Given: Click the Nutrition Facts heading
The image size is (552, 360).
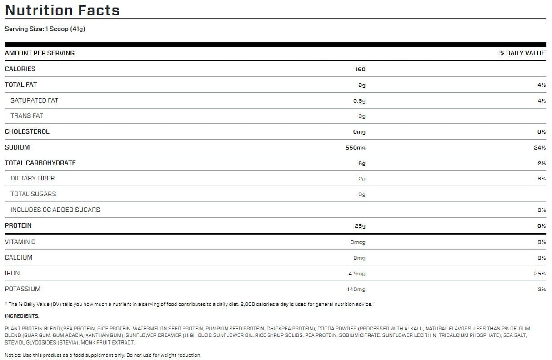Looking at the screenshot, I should click(x=62, y=10).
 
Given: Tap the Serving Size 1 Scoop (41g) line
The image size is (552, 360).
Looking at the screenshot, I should click(x=45, y=29).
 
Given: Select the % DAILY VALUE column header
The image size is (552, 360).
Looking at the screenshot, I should click(x=522, y=53).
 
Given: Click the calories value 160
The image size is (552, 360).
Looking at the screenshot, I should click(x=360, y=69).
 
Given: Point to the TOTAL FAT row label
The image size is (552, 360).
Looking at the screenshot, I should click(x=21, y=85).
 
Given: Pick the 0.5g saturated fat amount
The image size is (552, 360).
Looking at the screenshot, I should click(x=359, y=100).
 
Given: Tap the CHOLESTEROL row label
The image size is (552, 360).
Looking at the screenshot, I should click(x=27, y=131).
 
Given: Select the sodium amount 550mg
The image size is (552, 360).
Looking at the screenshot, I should click(x=356, y=147).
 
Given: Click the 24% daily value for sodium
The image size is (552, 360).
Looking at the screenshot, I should click(x=541, y=147).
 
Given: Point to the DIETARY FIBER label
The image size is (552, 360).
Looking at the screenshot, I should click(x=32, y=178).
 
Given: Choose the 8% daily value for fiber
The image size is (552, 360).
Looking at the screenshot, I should click(x=542, y=179).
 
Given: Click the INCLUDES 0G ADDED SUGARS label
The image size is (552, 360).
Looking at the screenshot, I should click(x=55, y=210).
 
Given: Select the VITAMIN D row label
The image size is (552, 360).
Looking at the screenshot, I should click(x=20, y=242).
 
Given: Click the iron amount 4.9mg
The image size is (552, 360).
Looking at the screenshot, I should click(x=357, y=274).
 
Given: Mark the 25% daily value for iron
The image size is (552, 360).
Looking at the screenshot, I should click(x=541, y=274).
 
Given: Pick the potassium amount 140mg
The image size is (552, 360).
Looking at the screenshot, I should click(x=356, y=289).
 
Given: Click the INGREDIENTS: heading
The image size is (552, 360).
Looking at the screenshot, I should click(x=22, y=315).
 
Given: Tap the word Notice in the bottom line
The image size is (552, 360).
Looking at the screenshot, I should click(x=12, y=355).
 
